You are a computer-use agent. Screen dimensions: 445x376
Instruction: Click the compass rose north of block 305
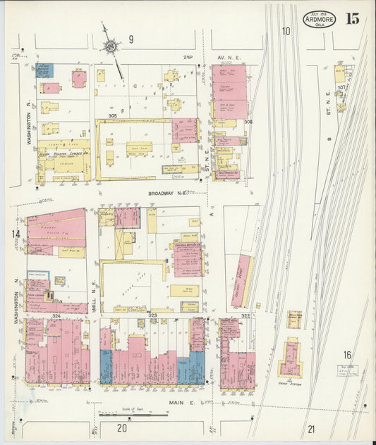coord(110,46)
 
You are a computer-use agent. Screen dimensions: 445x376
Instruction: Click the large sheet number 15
coord(352,19)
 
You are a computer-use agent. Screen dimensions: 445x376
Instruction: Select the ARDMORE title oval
coord(319,20)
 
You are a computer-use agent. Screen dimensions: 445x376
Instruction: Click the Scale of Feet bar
coord(123,414)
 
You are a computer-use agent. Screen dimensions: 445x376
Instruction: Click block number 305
coord(111,115)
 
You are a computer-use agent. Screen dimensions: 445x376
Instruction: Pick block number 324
coord(56,315)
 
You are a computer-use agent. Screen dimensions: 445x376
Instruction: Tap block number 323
coord(152,315)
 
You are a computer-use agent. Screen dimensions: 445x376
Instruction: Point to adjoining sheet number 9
coord(131,39)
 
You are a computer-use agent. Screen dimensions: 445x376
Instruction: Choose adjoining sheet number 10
coord(286,31)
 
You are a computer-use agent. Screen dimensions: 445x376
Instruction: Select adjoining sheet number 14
coord(15,234)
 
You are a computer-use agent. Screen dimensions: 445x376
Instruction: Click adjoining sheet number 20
coord(122,427)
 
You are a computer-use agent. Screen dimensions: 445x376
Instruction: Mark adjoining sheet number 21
coord(312,428)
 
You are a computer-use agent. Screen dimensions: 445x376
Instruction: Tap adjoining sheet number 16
coord(347,356)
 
